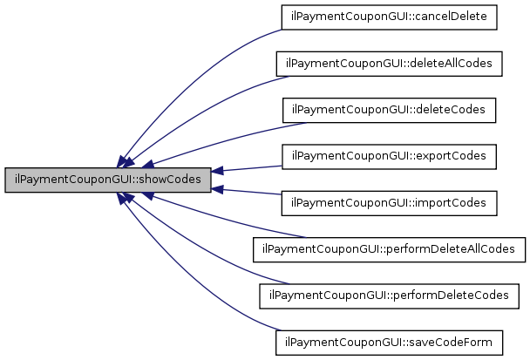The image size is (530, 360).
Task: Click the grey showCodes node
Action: tap(107, 180)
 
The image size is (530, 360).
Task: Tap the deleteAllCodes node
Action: tap(389, 65)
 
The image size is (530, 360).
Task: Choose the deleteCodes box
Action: tap(389, 111)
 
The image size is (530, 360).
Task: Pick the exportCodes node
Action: tap(389, 157)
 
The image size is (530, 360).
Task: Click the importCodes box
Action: tap(389, 203)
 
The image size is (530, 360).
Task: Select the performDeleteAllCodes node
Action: tap(389, 249)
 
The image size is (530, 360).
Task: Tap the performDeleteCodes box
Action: tap(389, 295)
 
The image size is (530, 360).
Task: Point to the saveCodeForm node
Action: tap(389, 342)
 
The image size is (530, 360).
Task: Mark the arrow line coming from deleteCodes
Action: tap(218, 136)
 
